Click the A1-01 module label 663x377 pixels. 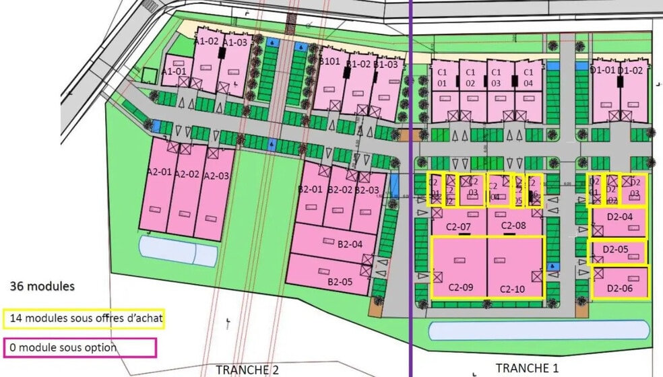[175, 71]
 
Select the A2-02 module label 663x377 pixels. [187, 174]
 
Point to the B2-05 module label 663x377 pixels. [339, 281]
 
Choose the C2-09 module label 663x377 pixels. [460, 288]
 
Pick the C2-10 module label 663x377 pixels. [513, 289]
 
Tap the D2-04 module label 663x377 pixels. [619, 217]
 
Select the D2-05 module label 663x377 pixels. [615, 250]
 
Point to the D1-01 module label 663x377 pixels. [602, 70]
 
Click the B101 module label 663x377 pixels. [329, 61]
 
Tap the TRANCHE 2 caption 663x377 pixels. [247, 369]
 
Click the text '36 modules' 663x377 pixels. [42, 286]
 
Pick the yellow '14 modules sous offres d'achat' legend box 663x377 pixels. [84, 318]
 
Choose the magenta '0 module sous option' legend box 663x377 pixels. [80, 347]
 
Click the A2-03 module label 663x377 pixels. [217, 176]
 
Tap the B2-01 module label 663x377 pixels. [311, 189]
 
